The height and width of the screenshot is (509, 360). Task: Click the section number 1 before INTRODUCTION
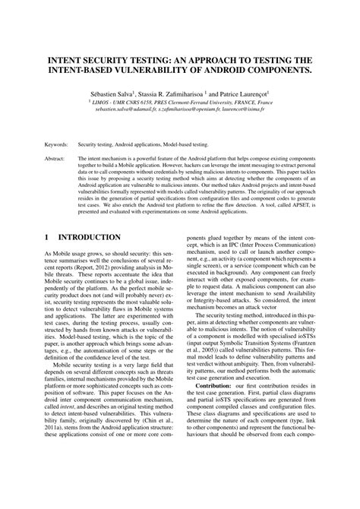pyautogui.click(x=47, y=238)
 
